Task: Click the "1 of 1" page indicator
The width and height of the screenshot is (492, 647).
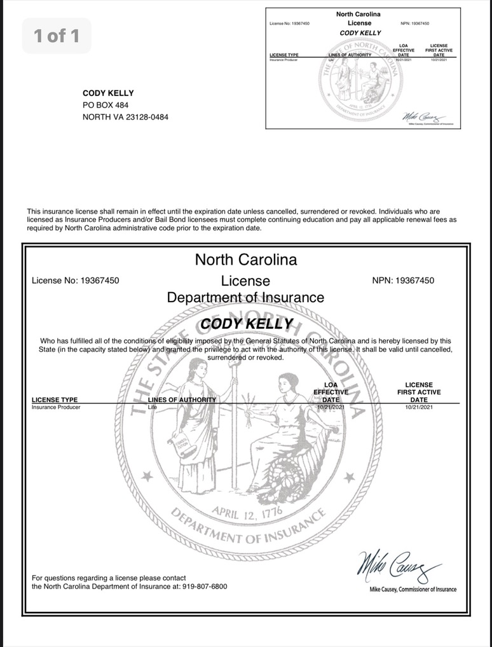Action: [x=57, y=36]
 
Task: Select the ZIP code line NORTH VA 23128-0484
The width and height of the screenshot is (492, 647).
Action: [x=126, y=116]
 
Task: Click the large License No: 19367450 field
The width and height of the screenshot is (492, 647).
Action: [x=75, y=280]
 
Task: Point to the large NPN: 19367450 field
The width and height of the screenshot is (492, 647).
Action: [x=403, y=280]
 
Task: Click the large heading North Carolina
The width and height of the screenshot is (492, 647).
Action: [x=245, y=260]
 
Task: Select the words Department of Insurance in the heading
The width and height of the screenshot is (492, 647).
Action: [x=245, y=297]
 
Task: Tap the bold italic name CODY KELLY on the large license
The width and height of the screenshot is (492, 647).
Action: [x=246, y=324]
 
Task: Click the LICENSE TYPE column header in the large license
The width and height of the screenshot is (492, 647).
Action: [x=55, y=400]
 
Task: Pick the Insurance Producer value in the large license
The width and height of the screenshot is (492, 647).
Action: [x=56, y=407]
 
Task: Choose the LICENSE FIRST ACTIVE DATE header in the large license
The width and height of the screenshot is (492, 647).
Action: [x=418, y=392]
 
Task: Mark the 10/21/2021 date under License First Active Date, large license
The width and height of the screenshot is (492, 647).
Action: [x=418, y=407]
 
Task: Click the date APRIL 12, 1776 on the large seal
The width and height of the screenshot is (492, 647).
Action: [x=247, y=513]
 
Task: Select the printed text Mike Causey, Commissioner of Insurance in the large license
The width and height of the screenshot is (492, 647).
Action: [x=413, y=590]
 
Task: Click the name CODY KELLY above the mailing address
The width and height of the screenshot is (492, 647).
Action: [x=108, y=93]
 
